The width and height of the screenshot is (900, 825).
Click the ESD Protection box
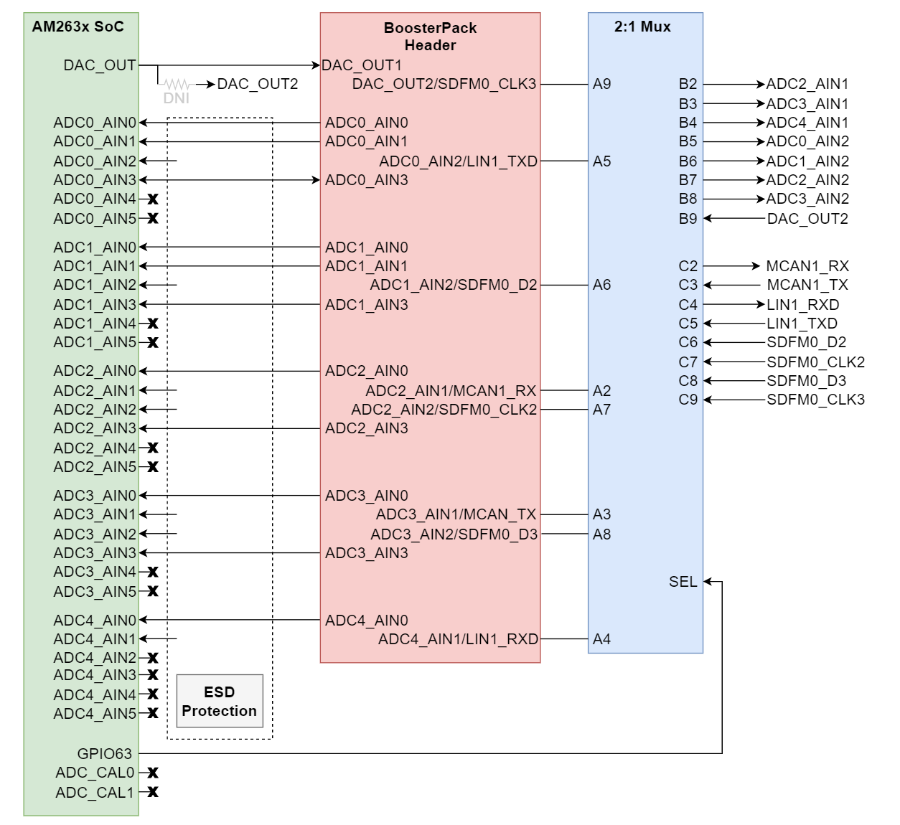pos(220,701)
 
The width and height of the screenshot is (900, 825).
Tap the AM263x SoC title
pos(78,27)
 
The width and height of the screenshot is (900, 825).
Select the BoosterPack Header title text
pos(430,37)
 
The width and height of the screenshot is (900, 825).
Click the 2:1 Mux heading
pos(642,27)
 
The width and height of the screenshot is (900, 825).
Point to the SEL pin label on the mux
pos(683,582)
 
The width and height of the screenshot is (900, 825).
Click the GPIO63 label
pos(105,754)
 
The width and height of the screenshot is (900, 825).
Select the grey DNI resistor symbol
pos(177,85)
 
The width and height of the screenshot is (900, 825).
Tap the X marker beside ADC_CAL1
pos(153,792)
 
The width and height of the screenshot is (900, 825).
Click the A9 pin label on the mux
pos(601,84)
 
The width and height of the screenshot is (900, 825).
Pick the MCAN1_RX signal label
pos(807,266)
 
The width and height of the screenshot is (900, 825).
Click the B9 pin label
pos(688,219)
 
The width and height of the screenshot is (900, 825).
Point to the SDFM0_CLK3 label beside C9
pos(815,400)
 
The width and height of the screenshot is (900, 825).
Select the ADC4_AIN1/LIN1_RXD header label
pos(458,639)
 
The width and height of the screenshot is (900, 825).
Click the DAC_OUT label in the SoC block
pos(99,65)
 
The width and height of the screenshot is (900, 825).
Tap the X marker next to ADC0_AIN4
pos(153,199)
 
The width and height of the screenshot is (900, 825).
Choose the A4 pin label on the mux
pos(601,639)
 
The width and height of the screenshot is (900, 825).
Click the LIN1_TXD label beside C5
pos(802,324)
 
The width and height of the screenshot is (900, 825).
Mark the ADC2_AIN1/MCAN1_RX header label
pos(451,391)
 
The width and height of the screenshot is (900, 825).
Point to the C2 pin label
pos(688,266)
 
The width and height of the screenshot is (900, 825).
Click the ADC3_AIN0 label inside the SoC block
pos(94,496)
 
